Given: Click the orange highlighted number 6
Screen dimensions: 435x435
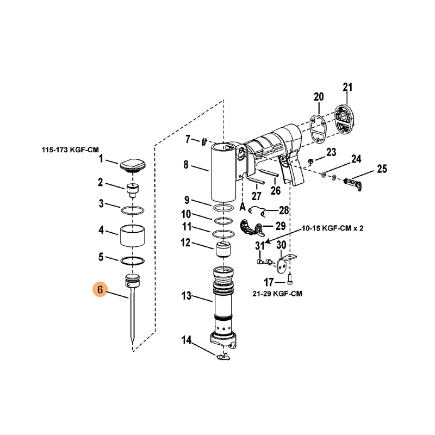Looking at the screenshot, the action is [100, 289].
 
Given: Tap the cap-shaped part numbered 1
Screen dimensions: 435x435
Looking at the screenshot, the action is [133, 165].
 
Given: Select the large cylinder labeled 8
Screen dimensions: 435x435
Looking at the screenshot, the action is [223, 172].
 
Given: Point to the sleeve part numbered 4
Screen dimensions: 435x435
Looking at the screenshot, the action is [133, 235].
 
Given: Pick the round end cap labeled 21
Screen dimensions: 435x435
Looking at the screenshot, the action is [344, 119].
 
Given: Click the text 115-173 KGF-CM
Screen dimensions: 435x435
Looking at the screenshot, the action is [70, 150].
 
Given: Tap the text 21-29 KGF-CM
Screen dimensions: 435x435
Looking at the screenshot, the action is [277, 294].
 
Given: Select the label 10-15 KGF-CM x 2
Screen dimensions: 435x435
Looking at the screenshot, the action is [332, 228].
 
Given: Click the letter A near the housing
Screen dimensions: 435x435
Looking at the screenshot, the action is [243, 207].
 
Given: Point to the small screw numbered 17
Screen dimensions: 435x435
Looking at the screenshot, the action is [290, 278].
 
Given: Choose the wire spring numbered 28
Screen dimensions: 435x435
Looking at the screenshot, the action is [258, 212].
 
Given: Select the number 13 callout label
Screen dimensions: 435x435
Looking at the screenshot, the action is [187, 296].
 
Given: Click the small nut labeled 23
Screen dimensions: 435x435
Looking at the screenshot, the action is [310, 161].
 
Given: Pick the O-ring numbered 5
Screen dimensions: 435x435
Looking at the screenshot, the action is [133, 261].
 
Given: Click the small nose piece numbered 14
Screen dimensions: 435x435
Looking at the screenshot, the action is [223, 356].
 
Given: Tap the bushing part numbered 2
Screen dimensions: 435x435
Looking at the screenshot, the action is [133, 190].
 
